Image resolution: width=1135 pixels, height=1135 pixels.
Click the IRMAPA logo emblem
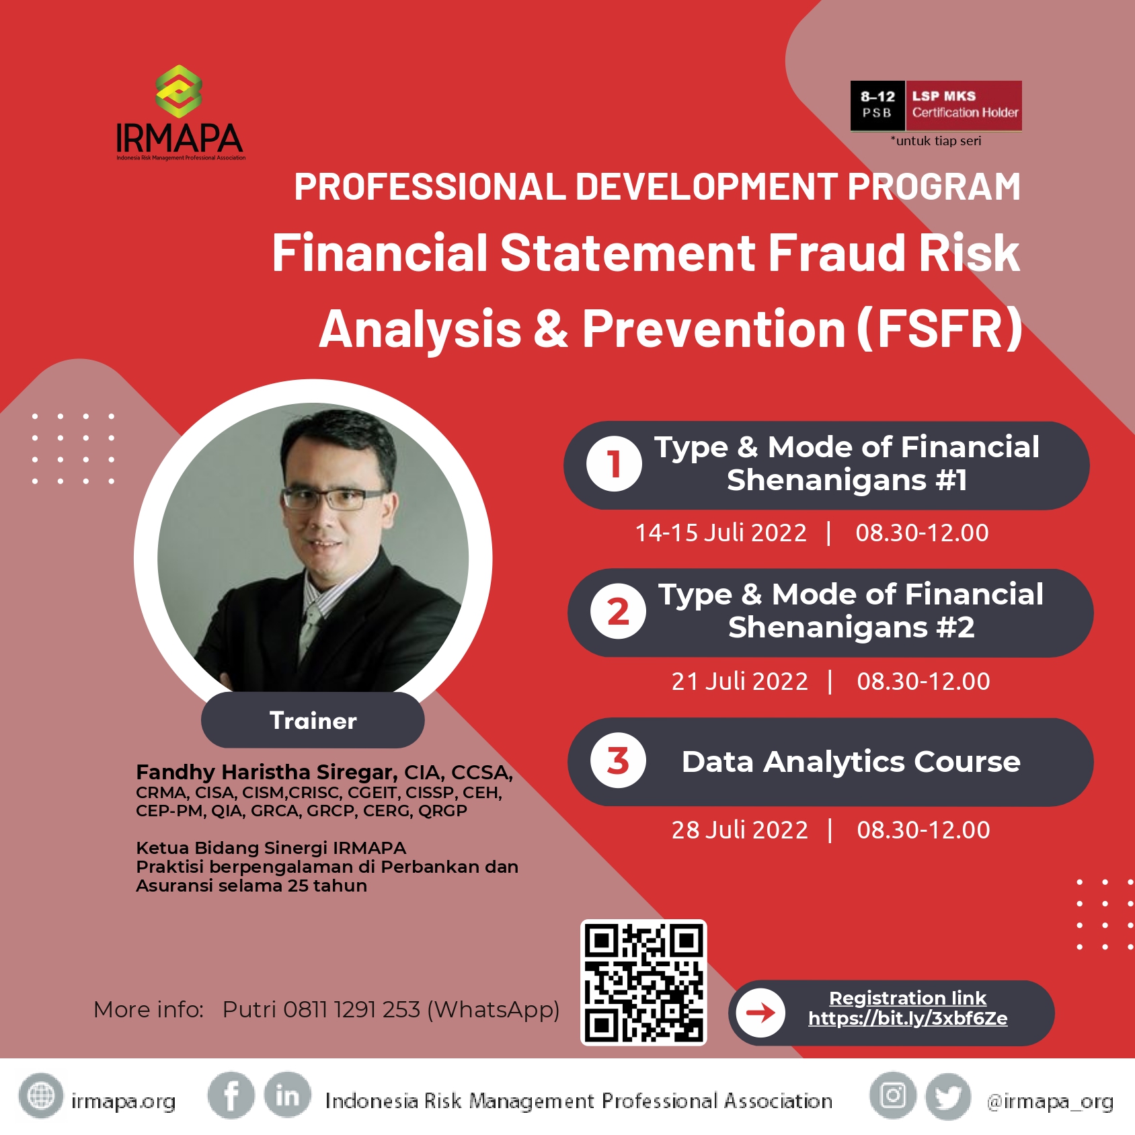click(x=179, y=91)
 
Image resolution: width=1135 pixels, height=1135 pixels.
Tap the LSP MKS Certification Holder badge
click(x=936, y=106)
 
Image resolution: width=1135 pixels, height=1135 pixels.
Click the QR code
click(x=643, y=982)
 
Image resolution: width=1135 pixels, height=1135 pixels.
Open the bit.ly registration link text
click(x=908, y=1018)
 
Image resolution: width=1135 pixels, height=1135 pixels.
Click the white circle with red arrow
click(x=760, y=1013)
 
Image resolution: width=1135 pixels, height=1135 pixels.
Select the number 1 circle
click(x=614, y=464)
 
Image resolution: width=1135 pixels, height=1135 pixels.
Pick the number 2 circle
click(x=618, y=611)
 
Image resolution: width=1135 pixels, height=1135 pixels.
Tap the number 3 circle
click(x=618, y=760)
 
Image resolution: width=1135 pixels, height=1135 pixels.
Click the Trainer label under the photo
click(x=313, y=720)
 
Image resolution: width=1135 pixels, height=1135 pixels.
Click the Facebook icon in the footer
click(x=231, y=1095)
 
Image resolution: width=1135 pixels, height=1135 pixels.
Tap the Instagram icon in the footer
click(x=893, y=1095)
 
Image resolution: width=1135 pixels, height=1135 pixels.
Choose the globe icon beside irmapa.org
click(x=41, y=1095)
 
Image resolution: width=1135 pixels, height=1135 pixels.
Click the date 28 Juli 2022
click(x=740, y=830)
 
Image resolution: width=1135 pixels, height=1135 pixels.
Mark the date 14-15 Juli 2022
click(x=721, y=533)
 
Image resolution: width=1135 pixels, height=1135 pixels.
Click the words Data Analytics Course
click(x=851, y=762)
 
